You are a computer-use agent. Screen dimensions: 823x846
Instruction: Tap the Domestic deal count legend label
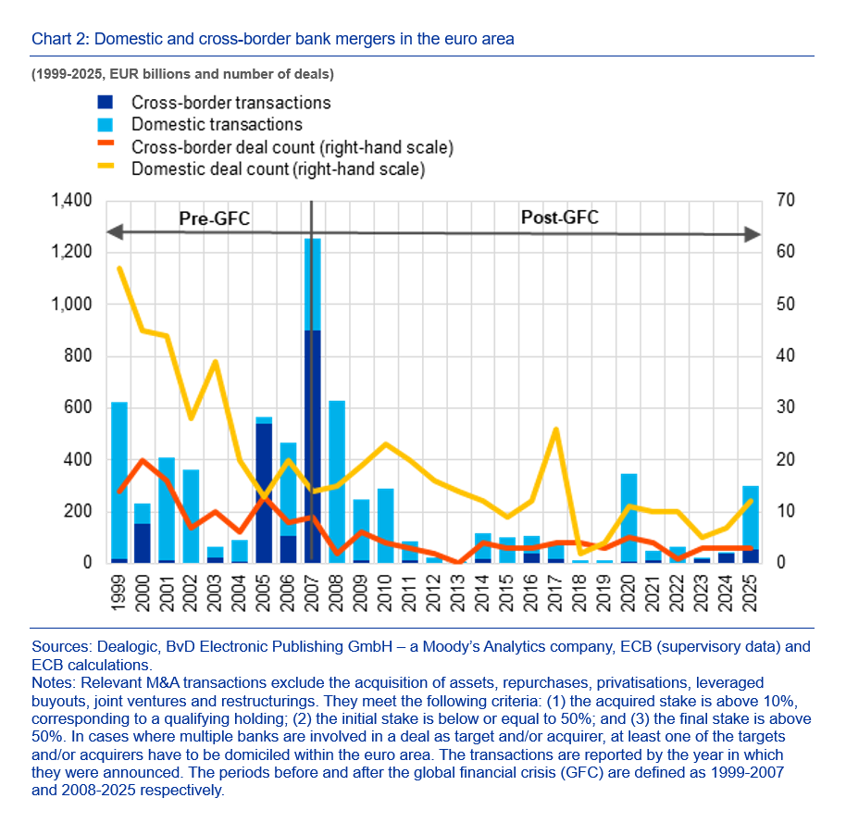[278, 168]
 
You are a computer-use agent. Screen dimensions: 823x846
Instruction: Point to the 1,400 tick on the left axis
[70, 201]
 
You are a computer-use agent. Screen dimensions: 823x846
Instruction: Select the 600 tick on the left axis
[78, 408]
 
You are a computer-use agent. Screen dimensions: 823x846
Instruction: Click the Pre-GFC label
[214, 218]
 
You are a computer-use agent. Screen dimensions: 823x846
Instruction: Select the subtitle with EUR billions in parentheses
[182, 72]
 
